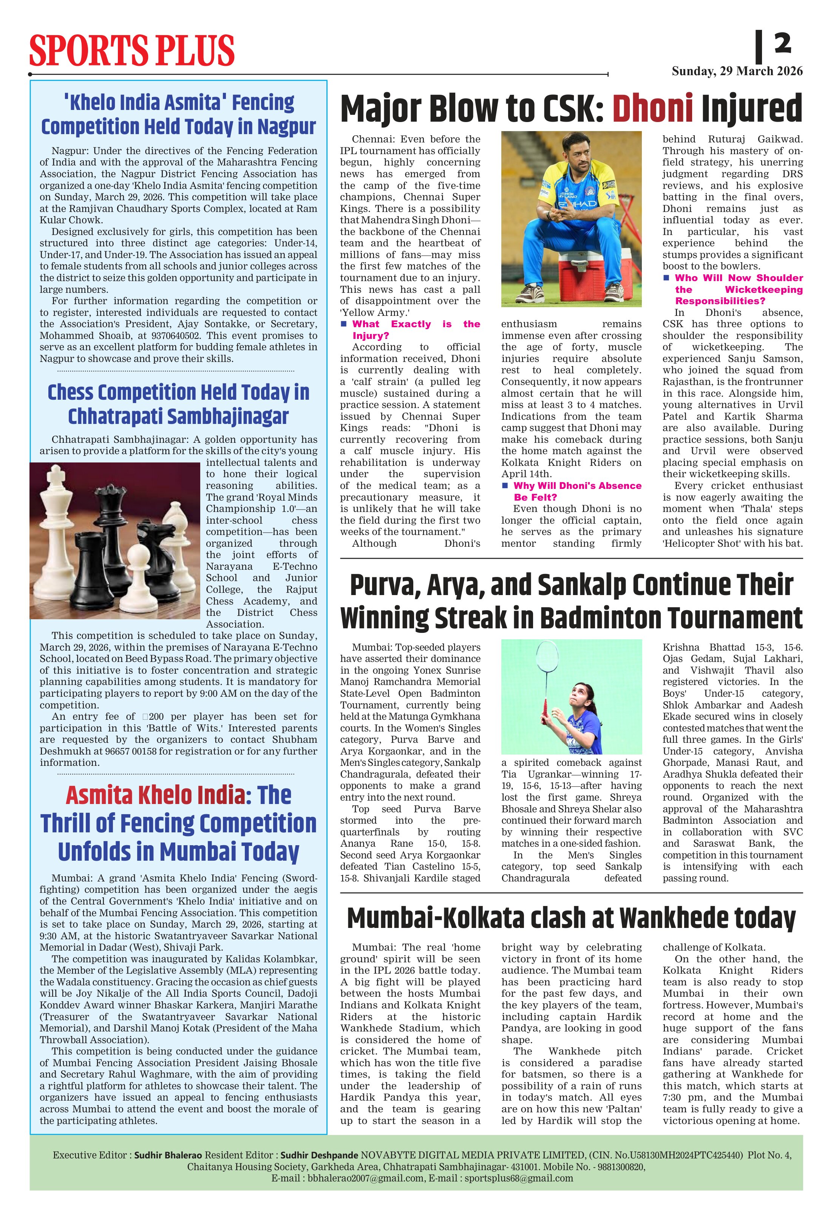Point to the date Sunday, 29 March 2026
coord(737,71)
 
